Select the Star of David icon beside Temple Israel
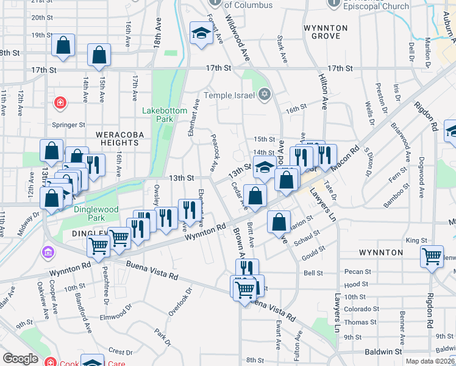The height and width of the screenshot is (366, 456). point(264,94)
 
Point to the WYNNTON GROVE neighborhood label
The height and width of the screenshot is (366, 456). point(326,32)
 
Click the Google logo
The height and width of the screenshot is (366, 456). point(20,359)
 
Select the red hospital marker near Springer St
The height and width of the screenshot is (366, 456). point(60,102)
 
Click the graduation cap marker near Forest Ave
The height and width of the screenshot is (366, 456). point(200,34)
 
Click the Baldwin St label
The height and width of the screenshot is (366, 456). point(383,352)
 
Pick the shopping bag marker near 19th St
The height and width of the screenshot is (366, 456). point(63,45)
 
